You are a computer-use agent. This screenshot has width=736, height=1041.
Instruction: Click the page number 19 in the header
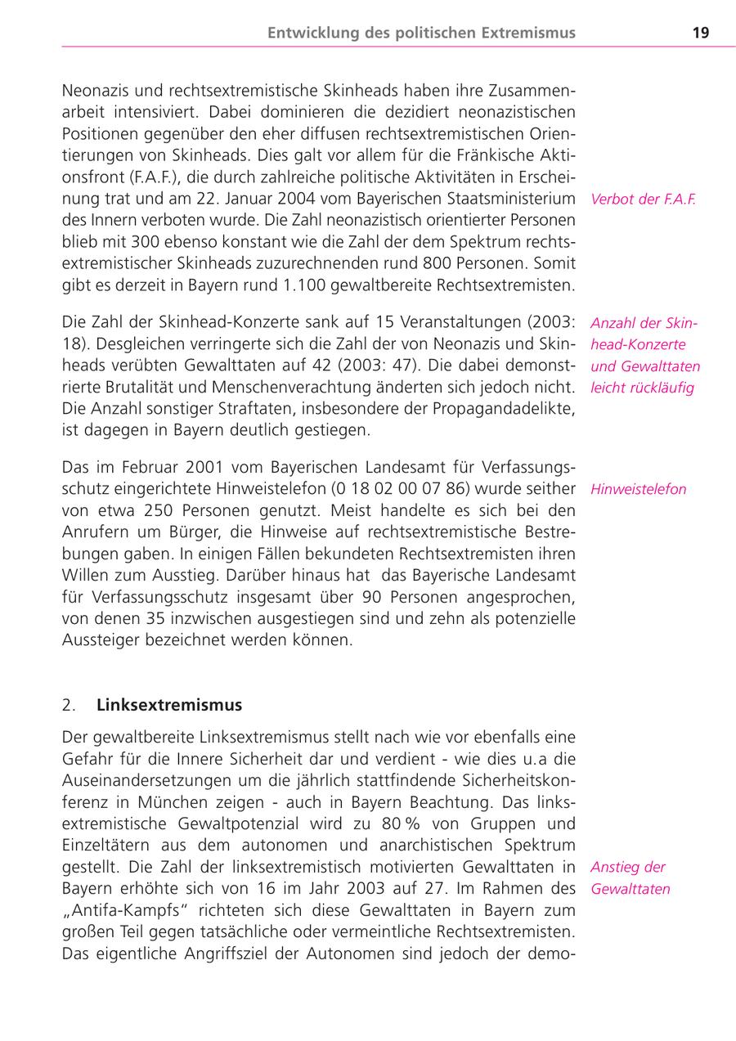coord(700,33)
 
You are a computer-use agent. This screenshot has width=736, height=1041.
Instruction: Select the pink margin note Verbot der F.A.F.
coord(643,199)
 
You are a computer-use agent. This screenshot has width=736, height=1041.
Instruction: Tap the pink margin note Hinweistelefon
coord(638,490)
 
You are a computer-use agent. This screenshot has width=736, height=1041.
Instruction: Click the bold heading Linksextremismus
coord(169,705)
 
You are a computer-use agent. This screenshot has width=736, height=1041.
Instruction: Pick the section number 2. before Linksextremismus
coord(69,705)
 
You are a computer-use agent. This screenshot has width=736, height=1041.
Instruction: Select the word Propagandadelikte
coord(508,407)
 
